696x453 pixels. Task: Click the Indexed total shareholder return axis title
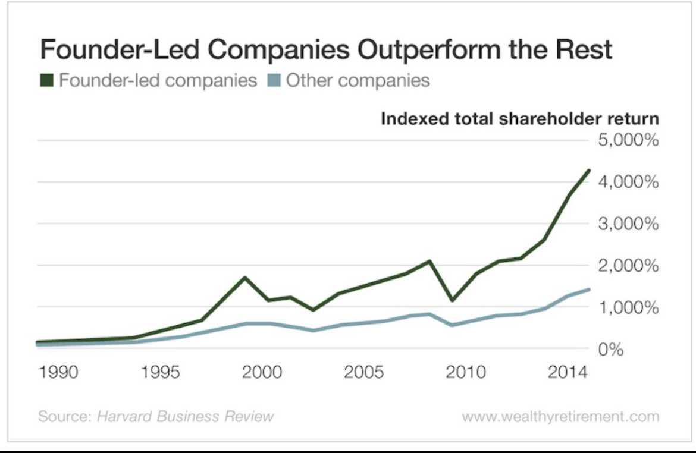click(x=519, y=118)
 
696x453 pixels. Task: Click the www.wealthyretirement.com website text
click(x=560, y=416)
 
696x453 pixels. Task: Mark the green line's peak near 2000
click(x=244, y=278)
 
